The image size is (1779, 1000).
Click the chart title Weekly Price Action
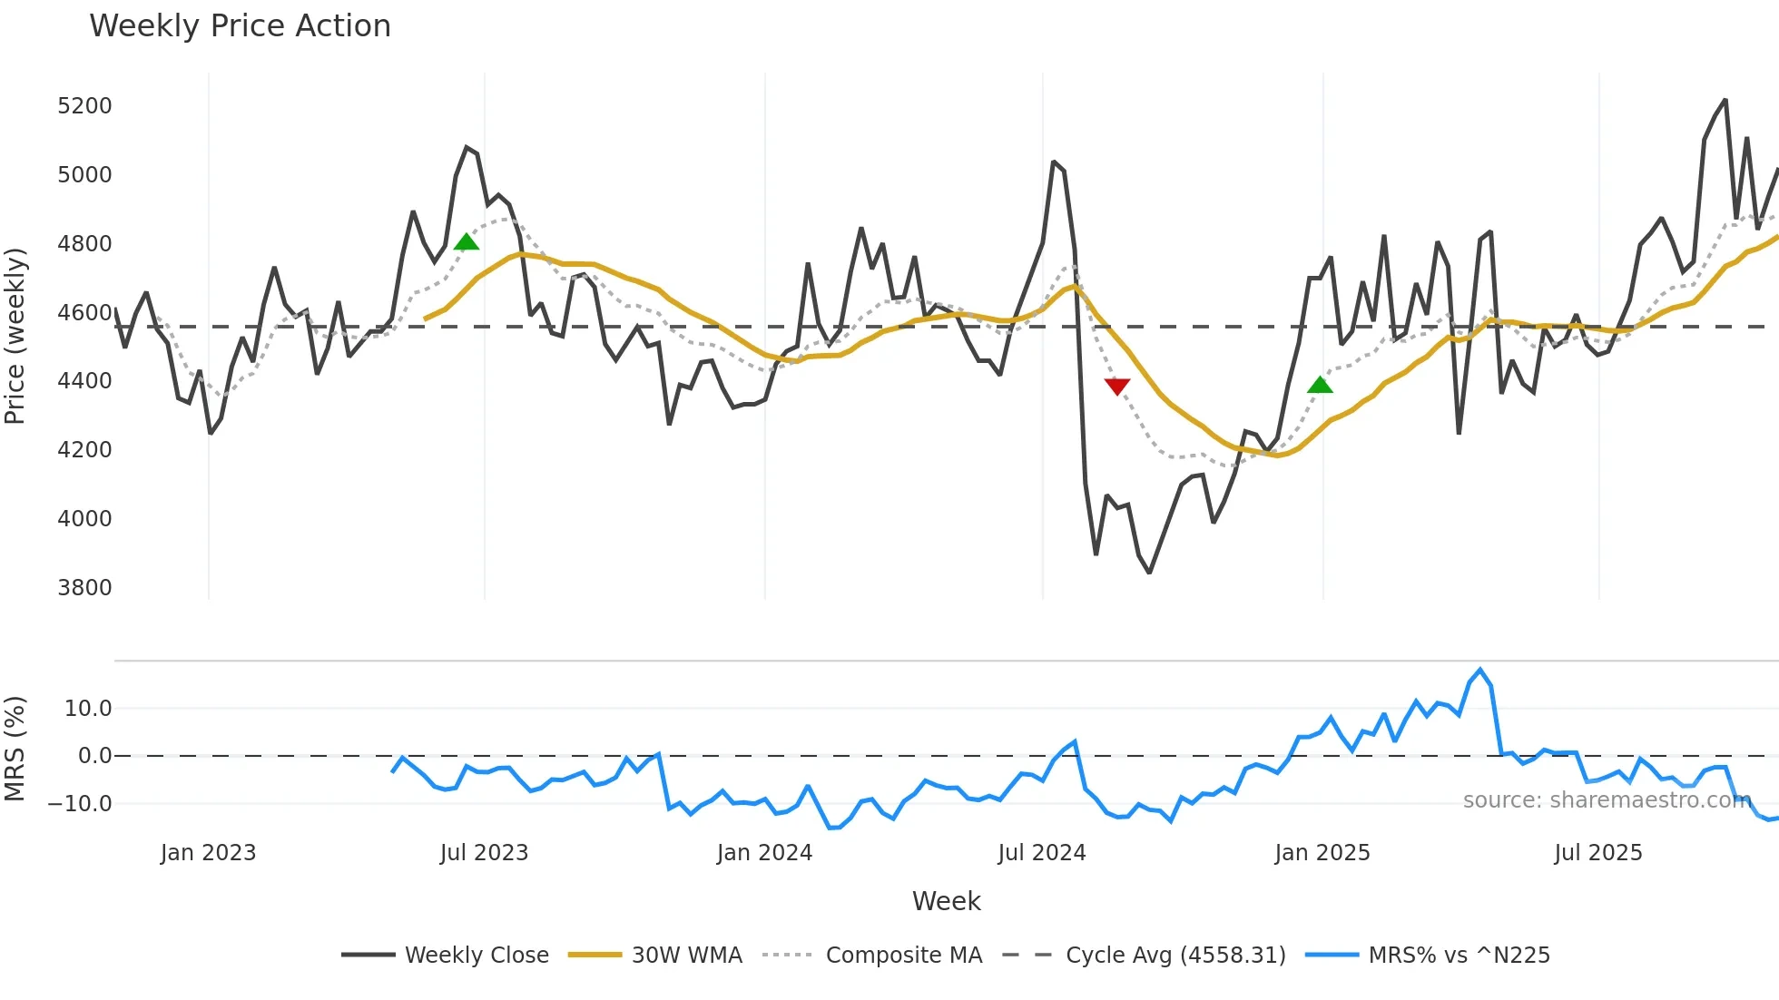click(240, 25)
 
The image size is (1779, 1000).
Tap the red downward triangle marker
click(1117, 387)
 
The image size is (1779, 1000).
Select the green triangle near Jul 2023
click(466, 241)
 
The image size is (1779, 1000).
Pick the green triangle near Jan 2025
click(1320, 385)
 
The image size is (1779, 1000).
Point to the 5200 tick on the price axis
click(84, 106)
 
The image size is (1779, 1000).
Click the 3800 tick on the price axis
click(84, 588)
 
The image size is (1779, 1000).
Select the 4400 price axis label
click(84, 381)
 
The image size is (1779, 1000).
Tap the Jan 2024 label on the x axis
click(764, 853)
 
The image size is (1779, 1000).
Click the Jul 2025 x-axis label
click(1597, 853)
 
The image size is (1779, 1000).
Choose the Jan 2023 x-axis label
click(208, 853)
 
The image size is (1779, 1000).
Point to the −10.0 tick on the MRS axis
click(80, 804)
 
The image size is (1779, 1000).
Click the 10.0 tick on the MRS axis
click(87, 709)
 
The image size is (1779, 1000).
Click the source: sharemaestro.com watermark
click(1607, 800)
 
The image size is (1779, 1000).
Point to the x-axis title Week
click(946, 901)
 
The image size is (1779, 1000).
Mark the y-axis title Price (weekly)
click(15, 337)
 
